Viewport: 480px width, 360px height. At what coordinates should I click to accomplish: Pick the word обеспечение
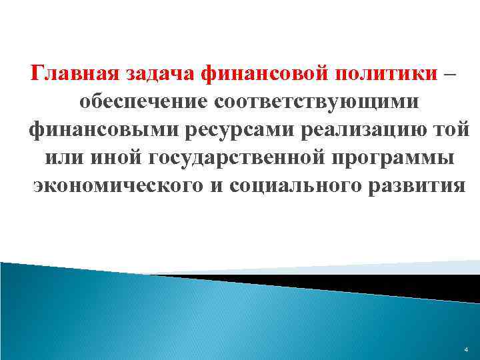pyautogui.click(x=141, y=101)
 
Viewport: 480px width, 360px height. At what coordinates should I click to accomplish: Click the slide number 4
pyautogui.click(x=465, y=349)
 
